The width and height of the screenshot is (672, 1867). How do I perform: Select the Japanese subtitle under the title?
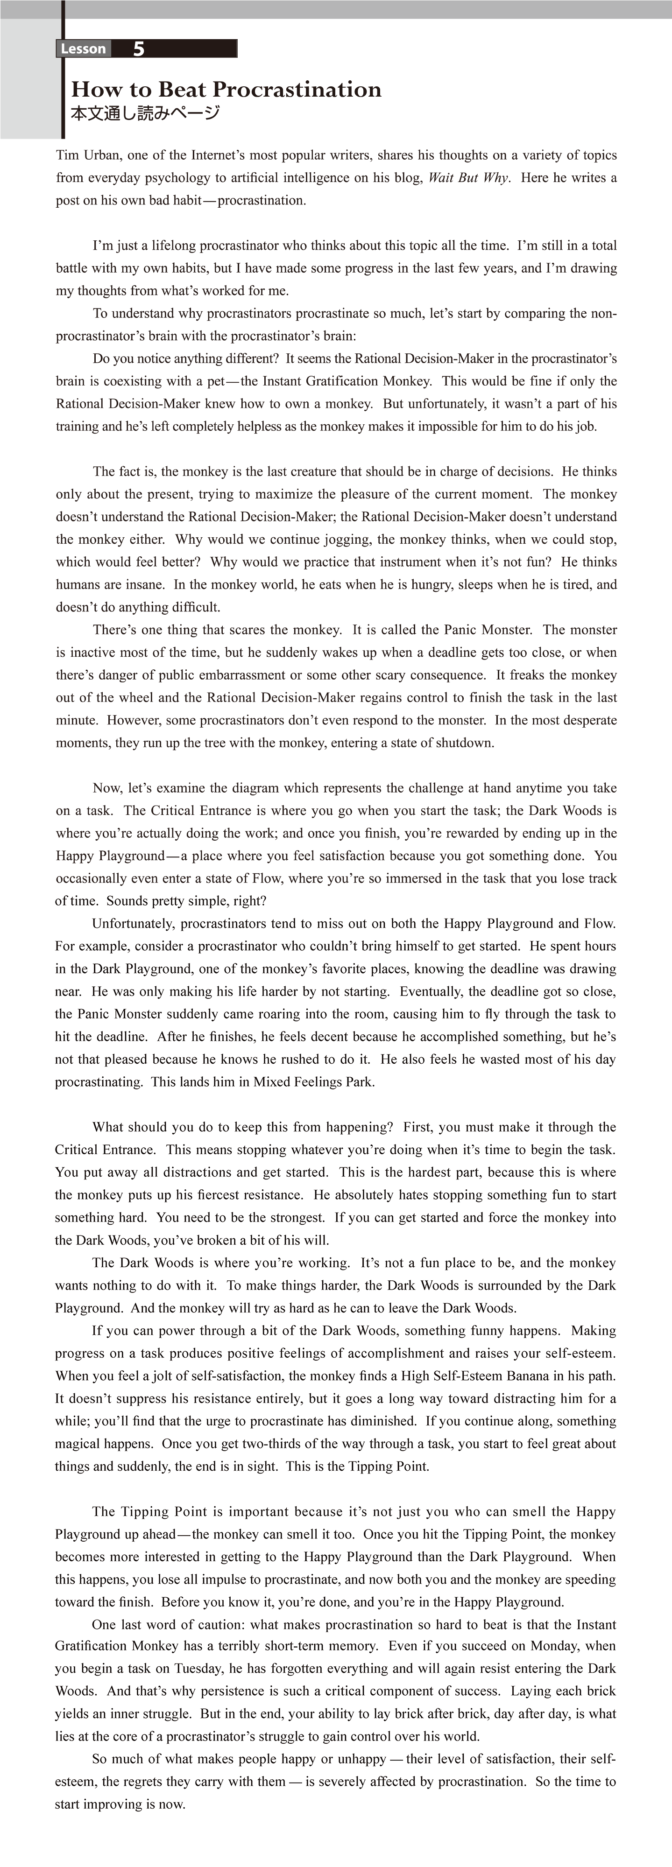click(x=145, y=114)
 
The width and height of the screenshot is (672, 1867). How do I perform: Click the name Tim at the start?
click(x=67, y=155)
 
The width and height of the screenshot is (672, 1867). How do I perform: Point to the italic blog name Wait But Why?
click(x=468, y=177)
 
